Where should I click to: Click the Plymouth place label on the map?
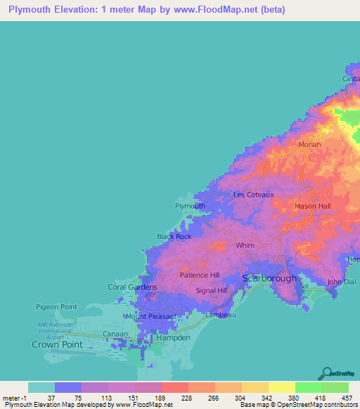pyautogui.click(x=190, y=206)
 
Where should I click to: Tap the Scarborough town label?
pyautogui.click(x=269, y=278)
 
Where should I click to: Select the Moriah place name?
pyautogui.click(x=309, y=145)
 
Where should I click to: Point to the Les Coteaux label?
pyautogui.click(x=253, y=195)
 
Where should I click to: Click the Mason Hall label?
pyautogui.click(x=312, y=206)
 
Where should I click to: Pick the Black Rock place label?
pyautogui.click(x=174, y=237)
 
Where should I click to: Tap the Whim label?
pyautogui.click(x=245, y=245)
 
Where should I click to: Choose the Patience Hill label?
pyautogui.click(x=200, y=275)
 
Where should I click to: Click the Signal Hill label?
pyautogui.click(x=211, y=290)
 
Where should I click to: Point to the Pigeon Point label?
pyautogui.click(x=56, y=307)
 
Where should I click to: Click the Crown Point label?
pyautogui.click(x=57, y=345)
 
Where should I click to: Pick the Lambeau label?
pyautogui.click(x=221, y=315)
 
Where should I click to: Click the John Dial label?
pyautogui.click(x=342, y=283)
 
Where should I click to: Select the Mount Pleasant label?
pyautogui.click(x=151, y=317)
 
